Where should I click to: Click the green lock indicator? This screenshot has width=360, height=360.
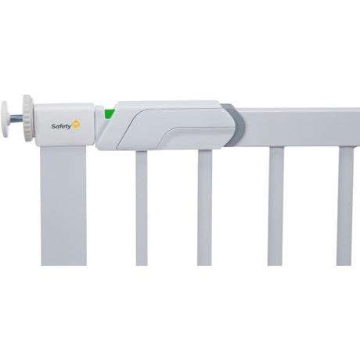point(110,114)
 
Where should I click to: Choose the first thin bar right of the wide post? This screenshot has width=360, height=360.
point(142,207)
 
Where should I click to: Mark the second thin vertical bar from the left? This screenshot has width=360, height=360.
point(205,207)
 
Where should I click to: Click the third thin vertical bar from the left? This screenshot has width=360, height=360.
point(275,207)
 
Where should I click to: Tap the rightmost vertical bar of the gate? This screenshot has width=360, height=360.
point(345,207)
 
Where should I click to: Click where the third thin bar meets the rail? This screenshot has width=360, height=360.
point(275,147)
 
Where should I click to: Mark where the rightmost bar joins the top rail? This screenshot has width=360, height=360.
point(345,147)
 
